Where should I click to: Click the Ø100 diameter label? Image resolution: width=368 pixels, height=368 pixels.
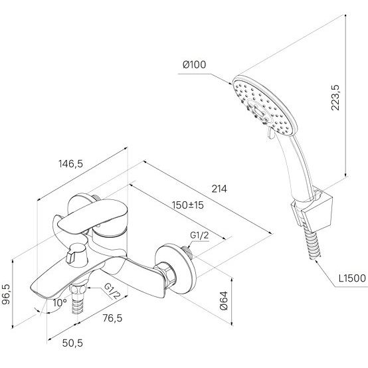(x=195, y=64)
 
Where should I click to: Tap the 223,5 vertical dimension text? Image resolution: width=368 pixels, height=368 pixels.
(x=335, y=98)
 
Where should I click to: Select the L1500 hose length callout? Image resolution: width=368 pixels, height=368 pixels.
(x=352, y=278)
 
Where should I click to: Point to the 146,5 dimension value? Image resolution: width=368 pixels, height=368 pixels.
(x=70, y=164)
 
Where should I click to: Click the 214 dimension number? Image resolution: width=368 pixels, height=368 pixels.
(x=219, y=189)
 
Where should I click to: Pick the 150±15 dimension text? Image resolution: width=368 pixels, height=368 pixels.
(x=188, y=205)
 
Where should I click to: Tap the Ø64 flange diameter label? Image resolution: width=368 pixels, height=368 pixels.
(x=224, y=301)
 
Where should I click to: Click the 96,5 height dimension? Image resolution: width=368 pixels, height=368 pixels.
(x=6, y=294)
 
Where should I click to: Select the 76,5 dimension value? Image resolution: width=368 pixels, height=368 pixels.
(x=112, y=318)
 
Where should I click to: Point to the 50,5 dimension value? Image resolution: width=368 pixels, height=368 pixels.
(x=72, y=343)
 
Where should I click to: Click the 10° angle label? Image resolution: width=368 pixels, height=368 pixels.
(x=60, y=303)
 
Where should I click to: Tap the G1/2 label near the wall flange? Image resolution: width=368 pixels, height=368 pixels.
(x=199, y=235)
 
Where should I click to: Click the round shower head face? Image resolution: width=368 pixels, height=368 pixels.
(x=265, y=106)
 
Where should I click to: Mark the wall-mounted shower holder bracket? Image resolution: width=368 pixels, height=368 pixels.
(x=311, y=211)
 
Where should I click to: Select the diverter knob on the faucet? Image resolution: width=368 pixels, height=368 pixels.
(x=76, y=256)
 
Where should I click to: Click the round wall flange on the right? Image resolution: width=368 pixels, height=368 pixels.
(x=175, y=269)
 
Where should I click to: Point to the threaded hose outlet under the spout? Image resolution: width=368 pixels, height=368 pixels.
(x=78, y=300)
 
